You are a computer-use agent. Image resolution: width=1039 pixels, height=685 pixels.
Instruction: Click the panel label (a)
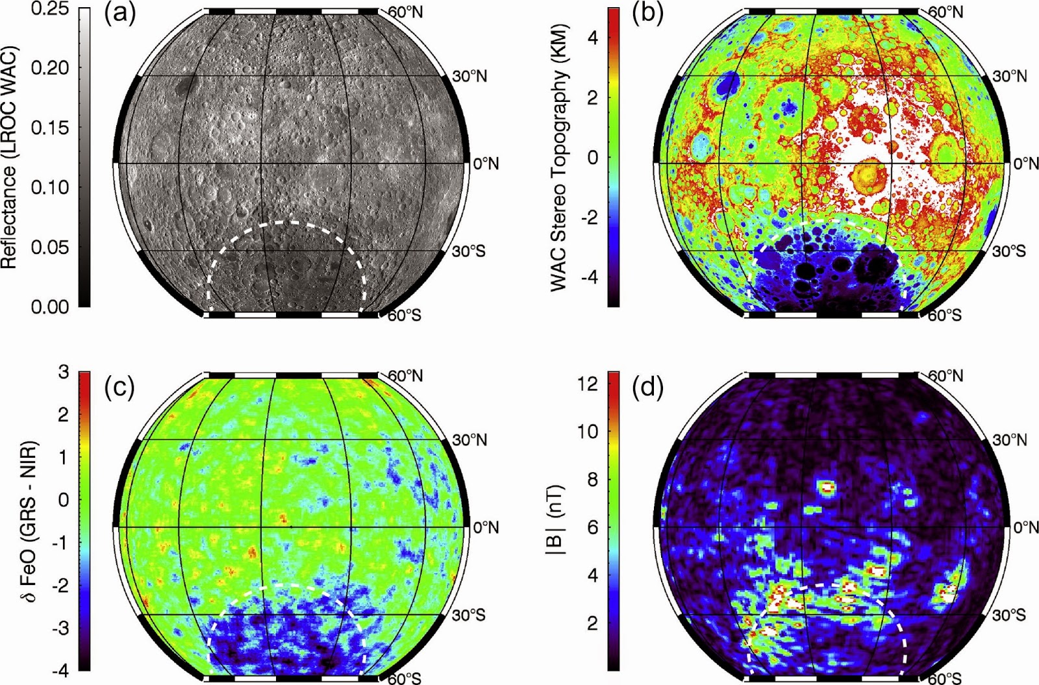(x=120, y=14)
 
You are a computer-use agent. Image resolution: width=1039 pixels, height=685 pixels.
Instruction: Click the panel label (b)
(x=647, y=14)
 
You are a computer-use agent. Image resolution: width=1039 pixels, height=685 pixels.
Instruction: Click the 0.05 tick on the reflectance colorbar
(x=51, y=247)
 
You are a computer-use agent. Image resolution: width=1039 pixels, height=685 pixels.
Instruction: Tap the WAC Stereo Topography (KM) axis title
(x=560, y=157)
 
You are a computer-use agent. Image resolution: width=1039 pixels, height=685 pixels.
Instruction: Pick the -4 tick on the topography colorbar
(x=590, y=277)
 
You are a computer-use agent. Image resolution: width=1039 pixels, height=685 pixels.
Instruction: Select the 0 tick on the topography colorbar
(x=593, y=157)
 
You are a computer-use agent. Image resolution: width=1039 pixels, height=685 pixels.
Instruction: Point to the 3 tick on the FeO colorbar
(x=63, y=372)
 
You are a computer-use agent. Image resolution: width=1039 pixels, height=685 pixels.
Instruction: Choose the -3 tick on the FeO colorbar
(x=60, y=628)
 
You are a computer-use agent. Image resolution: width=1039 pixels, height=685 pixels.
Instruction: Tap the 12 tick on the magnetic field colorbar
(x=588, y=384)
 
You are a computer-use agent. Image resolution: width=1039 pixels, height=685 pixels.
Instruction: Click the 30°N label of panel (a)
(x=469, y=77)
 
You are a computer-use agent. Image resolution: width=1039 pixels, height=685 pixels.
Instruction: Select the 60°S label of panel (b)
(x=945, y=316)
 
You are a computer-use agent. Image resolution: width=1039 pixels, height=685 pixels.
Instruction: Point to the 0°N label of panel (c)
(x=486, y=527)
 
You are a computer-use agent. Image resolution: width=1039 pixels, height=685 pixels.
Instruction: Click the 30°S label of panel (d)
(x=1008, y=615)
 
